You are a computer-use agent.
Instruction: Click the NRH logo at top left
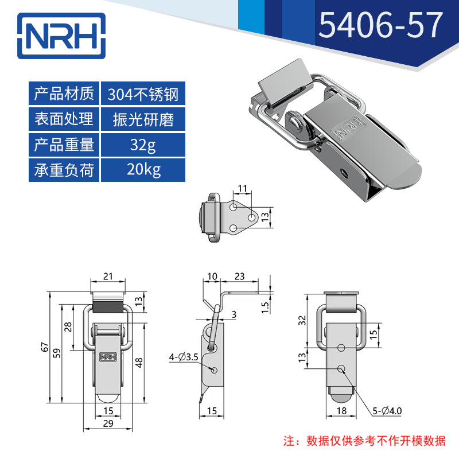point(61,36)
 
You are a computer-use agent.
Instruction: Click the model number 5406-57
point(380,25)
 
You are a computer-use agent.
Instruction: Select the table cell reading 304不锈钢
point(143,94)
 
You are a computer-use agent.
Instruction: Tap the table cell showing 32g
point(143,145)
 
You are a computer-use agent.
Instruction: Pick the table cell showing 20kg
point(143,170)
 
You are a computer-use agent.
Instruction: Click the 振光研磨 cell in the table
point(143,119)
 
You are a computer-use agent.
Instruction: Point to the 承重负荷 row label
point(64,170)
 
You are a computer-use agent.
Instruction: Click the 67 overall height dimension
point(45,347)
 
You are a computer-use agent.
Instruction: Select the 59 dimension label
point(57,353)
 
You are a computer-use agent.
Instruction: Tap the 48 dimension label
point(139,363)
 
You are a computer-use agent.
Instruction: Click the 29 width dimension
point(108,423)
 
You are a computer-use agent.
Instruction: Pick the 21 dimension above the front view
point(108,277)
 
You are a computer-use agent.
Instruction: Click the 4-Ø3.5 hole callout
point(184,357)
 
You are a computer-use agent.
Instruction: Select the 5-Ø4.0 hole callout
point(387,411)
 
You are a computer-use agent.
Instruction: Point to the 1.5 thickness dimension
point(265,308)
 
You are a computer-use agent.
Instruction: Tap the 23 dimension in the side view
point(239,277)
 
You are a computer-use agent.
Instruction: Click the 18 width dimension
point(341,411)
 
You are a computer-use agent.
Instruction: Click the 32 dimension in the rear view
point(303,321)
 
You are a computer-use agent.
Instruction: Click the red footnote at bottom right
point(364,441)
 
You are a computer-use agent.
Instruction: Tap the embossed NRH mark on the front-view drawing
point(108,356)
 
